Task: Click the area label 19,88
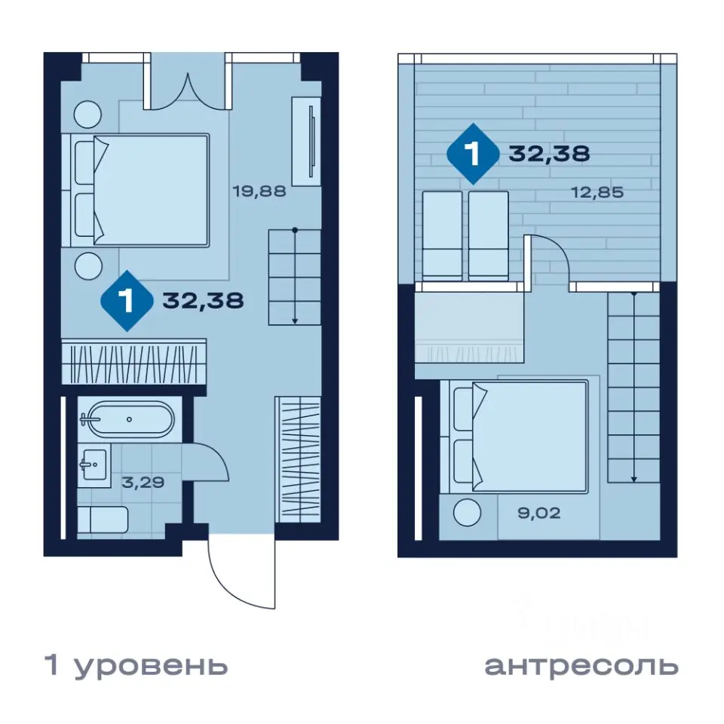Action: (x=259, y=191)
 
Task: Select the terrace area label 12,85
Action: (x=597, y=192)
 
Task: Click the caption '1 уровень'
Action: (x=137, y=666)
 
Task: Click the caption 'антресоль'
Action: (x=581, y=666)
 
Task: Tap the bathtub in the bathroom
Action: (x=128, y=419)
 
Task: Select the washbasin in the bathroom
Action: (x=94, y=463)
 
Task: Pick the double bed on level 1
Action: (x=143, y=190)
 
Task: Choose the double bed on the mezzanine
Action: (x=520, y=437)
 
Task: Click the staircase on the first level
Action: (x=294, y=277)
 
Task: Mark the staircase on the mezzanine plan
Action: (x=633, y=388)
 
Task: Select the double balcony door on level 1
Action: (x=188, y=84)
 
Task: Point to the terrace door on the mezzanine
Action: (x=549, y=260)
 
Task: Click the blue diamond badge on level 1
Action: (x=127, y=301)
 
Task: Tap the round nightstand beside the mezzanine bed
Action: (x=468, y=514)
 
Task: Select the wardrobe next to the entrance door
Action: (x=299, y=459)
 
